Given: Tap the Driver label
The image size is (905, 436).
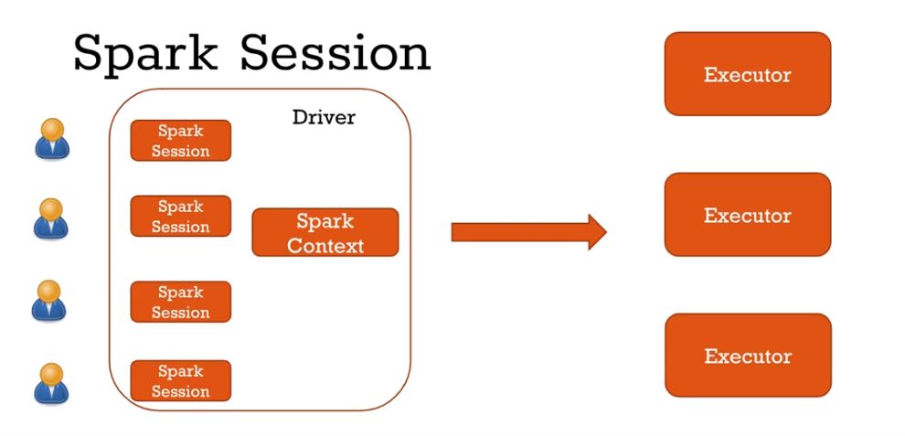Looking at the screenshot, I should pyautogui.click(x=324, y=117).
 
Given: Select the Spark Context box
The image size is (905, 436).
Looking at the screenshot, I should pyautogui.click(x=325, y=232).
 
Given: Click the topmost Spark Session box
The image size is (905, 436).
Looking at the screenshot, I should pyautogui.click(x=181, y=141).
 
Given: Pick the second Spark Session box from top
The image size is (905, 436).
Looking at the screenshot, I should pyautogui.click(x=181, y=217).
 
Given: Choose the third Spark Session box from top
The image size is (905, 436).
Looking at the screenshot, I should pyautogui.click(x=181, y=302).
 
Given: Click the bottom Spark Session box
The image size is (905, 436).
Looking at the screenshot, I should pyautogui.click(x=181, y=380).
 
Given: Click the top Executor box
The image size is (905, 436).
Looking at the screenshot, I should pyautogui.click(x=747, y=74).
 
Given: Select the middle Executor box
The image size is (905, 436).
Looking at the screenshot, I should pyautogui.click(x=747, y=215).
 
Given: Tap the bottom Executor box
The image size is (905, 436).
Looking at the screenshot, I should pyautogui.click(x=747, y=356).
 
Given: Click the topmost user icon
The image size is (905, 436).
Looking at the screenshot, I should pyautogui.click(x=52, y=140).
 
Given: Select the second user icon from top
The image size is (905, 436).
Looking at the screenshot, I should pyautogui.click(x=52, y=218).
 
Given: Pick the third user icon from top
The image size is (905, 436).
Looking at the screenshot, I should pyautogui.click(x=52, y=302).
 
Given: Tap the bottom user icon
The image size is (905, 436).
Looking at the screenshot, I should pyautogui.click(x=52, y=383).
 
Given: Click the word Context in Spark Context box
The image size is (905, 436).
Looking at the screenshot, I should pyautogui.click(x=325, y=245).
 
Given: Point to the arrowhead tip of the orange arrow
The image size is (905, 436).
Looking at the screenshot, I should pyautogui.click(x=604, y=232).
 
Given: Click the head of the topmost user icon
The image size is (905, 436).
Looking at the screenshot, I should pyautogui.click(x=52, y=129).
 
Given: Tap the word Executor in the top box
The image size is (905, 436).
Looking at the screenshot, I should pyautogui.click(x=747, y=74).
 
